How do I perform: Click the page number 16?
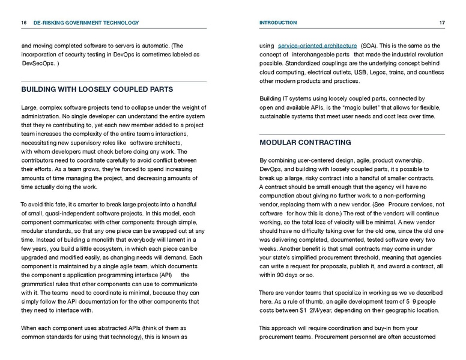pyautogui.click(x=23, y=23)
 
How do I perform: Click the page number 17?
pyautogui.click(x=441, y=23)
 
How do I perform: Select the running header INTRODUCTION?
pyautogui.click(x=277, y=23)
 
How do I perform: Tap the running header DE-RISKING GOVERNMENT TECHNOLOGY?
pyautogui.click(x=86, y=23)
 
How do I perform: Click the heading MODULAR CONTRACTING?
pyautogui.click(x=305, y=143)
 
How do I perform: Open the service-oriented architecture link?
pyautogui.click(x=316, y=46)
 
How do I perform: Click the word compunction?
pyautogui.click(x=282, y=196)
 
